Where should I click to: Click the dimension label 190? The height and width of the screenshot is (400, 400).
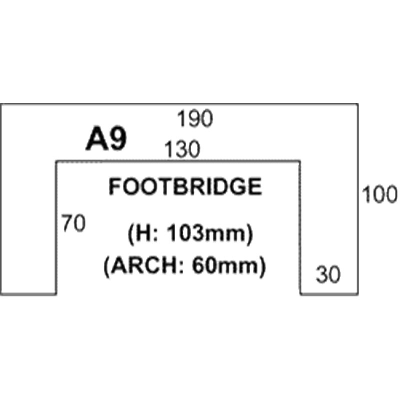tap(195, 118)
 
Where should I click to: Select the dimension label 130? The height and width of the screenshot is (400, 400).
tap(182, 149)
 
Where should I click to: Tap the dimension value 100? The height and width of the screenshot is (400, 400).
tap(380, 194)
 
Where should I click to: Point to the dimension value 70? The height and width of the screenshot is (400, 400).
tap(73, 223)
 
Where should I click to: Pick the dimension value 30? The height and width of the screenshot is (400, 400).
tap(328, 274)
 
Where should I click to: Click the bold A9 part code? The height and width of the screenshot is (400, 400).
tap(106, 139)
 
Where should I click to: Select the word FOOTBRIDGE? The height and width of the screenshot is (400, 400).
tap(185, 186)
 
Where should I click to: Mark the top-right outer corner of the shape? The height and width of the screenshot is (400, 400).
tap(358, 104)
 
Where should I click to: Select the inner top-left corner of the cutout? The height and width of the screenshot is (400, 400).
tap(56, 161)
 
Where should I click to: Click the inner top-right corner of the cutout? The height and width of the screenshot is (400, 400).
tap(299, 161)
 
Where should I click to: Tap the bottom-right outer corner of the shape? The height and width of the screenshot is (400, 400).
tap(358, 294)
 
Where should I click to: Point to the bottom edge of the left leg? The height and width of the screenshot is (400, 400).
tap(28, 294)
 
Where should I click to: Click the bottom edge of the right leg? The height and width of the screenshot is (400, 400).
tap(329, 294)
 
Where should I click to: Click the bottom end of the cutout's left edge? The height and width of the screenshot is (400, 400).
tap(56, 294)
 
